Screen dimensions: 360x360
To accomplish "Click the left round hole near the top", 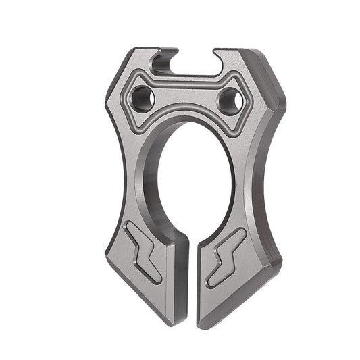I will click(x=143, y=99).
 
